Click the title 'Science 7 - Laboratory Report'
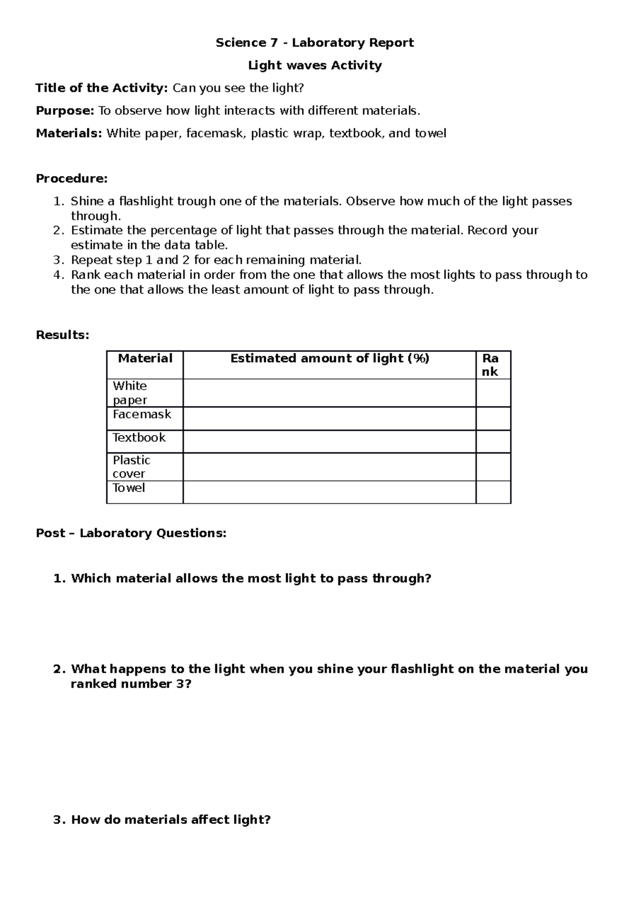[x=314, y=42]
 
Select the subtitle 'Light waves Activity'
[x=314, y=66]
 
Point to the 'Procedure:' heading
[x=71, y=179]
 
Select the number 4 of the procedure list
[x=58, y=275]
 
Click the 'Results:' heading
[x=62, y=335]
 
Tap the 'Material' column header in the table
[x=145, y=359]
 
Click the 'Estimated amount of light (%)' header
[x=330, y=359]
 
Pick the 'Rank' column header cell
[x=491, y=365]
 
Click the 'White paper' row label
[x=129, y=393]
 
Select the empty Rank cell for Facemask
[x=493, y=419]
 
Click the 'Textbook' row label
[x=139, y=438]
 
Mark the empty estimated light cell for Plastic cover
[x=329, y=467]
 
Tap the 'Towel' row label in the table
[x=128, y=488]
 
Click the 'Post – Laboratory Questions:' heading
[x=131, y=533]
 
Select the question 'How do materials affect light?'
[x=170, y=820]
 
